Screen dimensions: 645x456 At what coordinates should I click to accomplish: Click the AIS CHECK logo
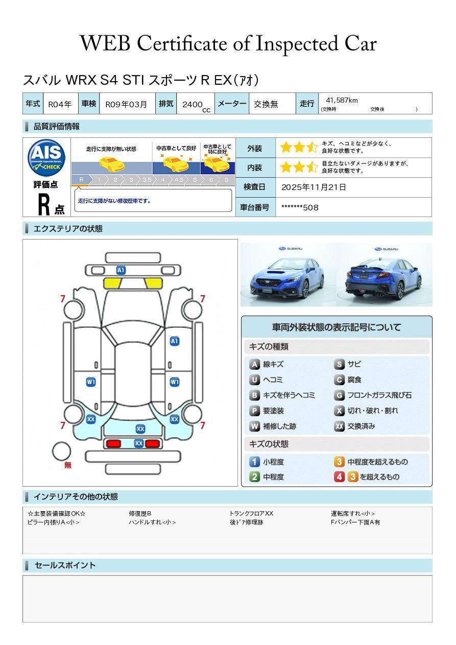point(46,157)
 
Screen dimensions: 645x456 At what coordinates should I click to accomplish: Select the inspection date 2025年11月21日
point(314,187)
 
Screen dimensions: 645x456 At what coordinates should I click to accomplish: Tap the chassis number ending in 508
point(300,207)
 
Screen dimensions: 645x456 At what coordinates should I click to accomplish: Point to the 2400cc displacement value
point(194,105)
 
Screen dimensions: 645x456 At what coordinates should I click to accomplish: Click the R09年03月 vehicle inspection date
point(126,104)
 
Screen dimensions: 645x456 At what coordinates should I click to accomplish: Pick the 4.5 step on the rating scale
point(179,180)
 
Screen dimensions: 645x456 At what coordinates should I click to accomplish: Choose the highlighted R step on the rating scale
point(81,180)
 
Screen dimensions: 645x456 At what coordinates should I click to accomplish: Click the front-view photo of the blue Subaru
point(287,275)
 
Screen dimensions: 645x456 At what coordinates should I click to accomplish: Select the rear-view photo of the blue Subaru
point(385,275)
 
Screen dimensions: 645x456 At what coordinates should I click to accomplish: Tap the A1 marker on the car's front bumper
point(121,270)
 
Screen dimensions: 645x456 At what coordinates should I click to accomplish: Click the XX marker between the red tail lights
point(138,443)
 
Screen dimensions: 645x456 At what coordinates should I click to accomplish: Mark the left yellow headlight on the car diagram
point(113,283)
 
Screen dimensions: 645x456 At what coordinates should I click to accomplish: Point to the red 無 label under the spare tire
point(68,465)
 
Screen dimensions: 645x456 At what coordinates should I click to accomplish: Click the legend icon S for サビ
point(339,364)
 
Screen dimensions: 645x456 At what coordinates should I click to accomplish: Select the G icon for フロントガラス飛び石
point(339,395)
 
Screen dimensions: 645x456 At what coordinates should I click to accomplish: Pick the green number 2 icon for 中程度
point(254,477)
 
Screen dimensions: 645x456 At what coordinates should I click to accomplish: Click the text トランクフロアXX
point(251,513)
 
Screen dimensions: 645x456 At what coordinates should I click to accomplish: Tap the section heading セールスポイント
point(65,565)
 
